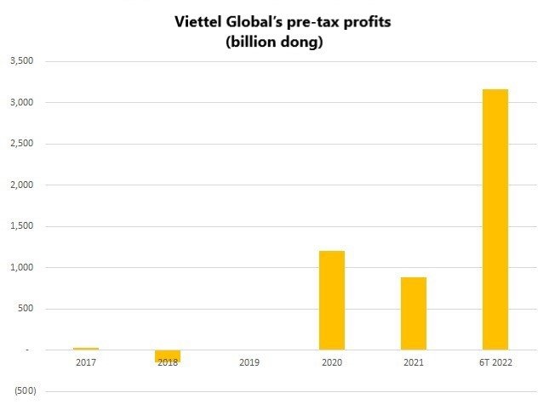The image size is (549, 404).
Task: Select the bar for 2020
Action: tap(331, 299)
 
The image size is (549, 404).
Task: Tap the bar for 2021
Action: tap(413, 313)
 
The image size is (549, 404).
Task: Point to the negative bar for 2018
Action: tap(168, 356)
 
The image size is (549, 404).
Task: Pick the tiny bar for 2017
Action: tap(86, 349)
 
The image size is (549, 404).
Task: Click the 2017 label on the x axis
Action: tap(86, 364)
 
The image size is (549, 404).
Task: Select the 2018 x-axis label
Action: tap(168, 364)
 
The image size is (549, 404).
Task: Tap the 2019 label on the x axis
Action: tap(249, 364)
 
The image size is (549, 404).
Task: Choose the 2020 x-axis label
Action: tap(331, 364)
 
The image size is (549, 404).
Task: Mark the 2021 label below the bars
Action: tap(413, 364)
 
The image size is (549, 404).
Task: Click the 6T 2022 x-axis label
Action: tap(495, 364)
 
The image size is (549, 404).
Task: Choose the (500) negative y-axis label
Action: tap(20, 390)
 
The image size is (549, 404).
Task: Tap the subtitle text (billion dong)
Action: tap(274, 42)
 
